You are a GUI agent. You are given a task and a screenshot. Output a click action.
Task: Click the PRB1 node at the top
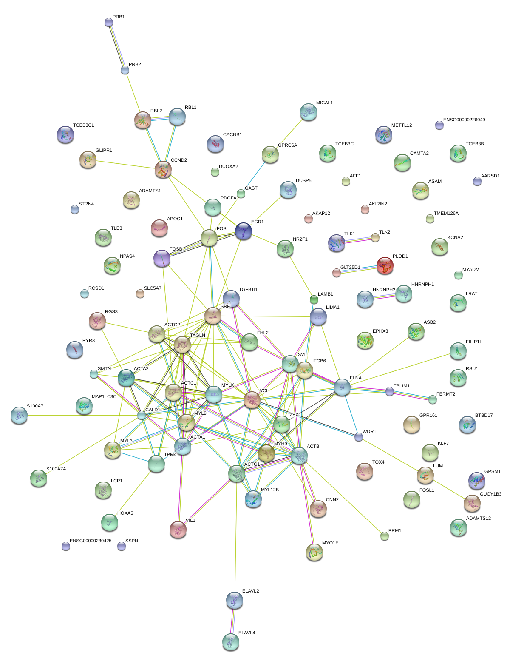pyautogui.click(x=109, y=23)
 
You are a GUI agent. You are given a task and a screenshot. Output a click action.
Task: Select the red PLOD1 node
pyautogui.click(x=385, y=265)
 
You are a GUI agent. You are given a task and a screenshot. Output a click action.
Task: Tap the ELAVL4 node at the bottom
pyautogui.click(x=231, y=641)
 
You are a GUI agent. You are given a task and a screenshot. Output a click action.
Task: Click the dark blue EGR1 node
pyautogui.click(x=244, y=231)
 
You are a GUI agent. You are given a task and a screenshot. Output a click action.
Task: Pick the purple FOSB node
pyautogui.click(x=161, y=258)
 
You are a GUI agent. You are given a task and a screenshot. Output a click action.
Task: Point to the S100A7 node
pyautogui.click(x=19, y=415)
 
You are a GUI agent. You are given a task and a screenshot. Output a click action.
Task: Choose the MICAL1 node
pyautogui.click(x=308, y=112)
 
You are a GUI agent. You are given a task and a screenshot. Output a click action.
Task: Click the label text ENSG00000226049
pyautogui.click(x=464, y=120)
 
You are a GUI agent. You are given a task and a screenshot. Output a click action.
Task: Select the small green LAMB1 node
pyautogui.click(x=314, y=300)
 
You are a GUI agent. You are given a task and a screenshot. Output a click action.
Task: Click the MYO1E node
pyautogui.click(x=314, y=552)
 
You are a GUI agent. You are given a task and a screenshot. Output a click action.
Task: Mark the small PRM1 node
pyautogui.click(x=384, y=536)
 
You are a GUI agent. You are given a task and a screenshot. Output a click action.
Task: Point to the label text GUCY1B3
pyautogui.click(x=490, y=494)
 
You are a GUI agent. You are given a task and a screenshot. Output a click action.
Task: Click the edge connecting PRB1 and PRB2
pyautogui.click(x=117, y=46)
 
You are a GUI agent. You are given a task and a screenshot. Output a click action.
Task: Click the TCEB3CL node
pyautogui.click(x=65, y=135)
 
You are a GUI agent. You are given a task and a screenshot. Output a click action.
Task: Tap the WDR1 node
pyautogui.click(x=359, y=437)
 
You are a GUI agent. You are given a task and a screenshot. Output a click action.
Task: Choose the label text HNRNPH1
pyautogui.click(x=422, y=285)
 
